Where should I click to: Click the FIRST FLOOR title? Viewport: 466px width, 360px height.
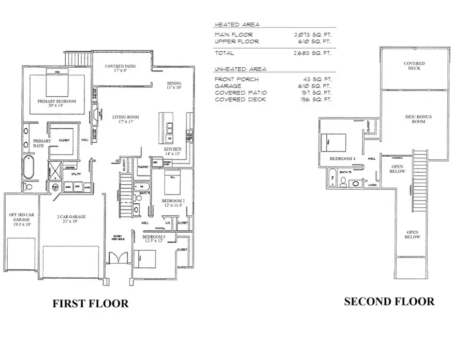point(90,304)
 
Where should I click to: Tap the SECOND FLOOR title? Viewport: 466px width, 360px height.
point(389,301)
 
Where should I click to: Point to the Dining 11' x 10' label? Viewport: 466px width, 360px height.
point(174,86)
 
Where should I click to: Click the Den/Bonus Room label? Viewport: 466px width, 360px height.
point(418,119)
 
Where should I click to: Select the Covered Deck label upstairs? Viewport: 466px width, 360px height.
point(414,66)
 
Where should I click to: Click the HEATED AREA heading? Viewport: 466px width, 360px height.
point(237,24)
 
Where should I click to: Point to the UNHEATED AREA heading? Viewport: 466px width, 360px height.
point(240,69)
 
